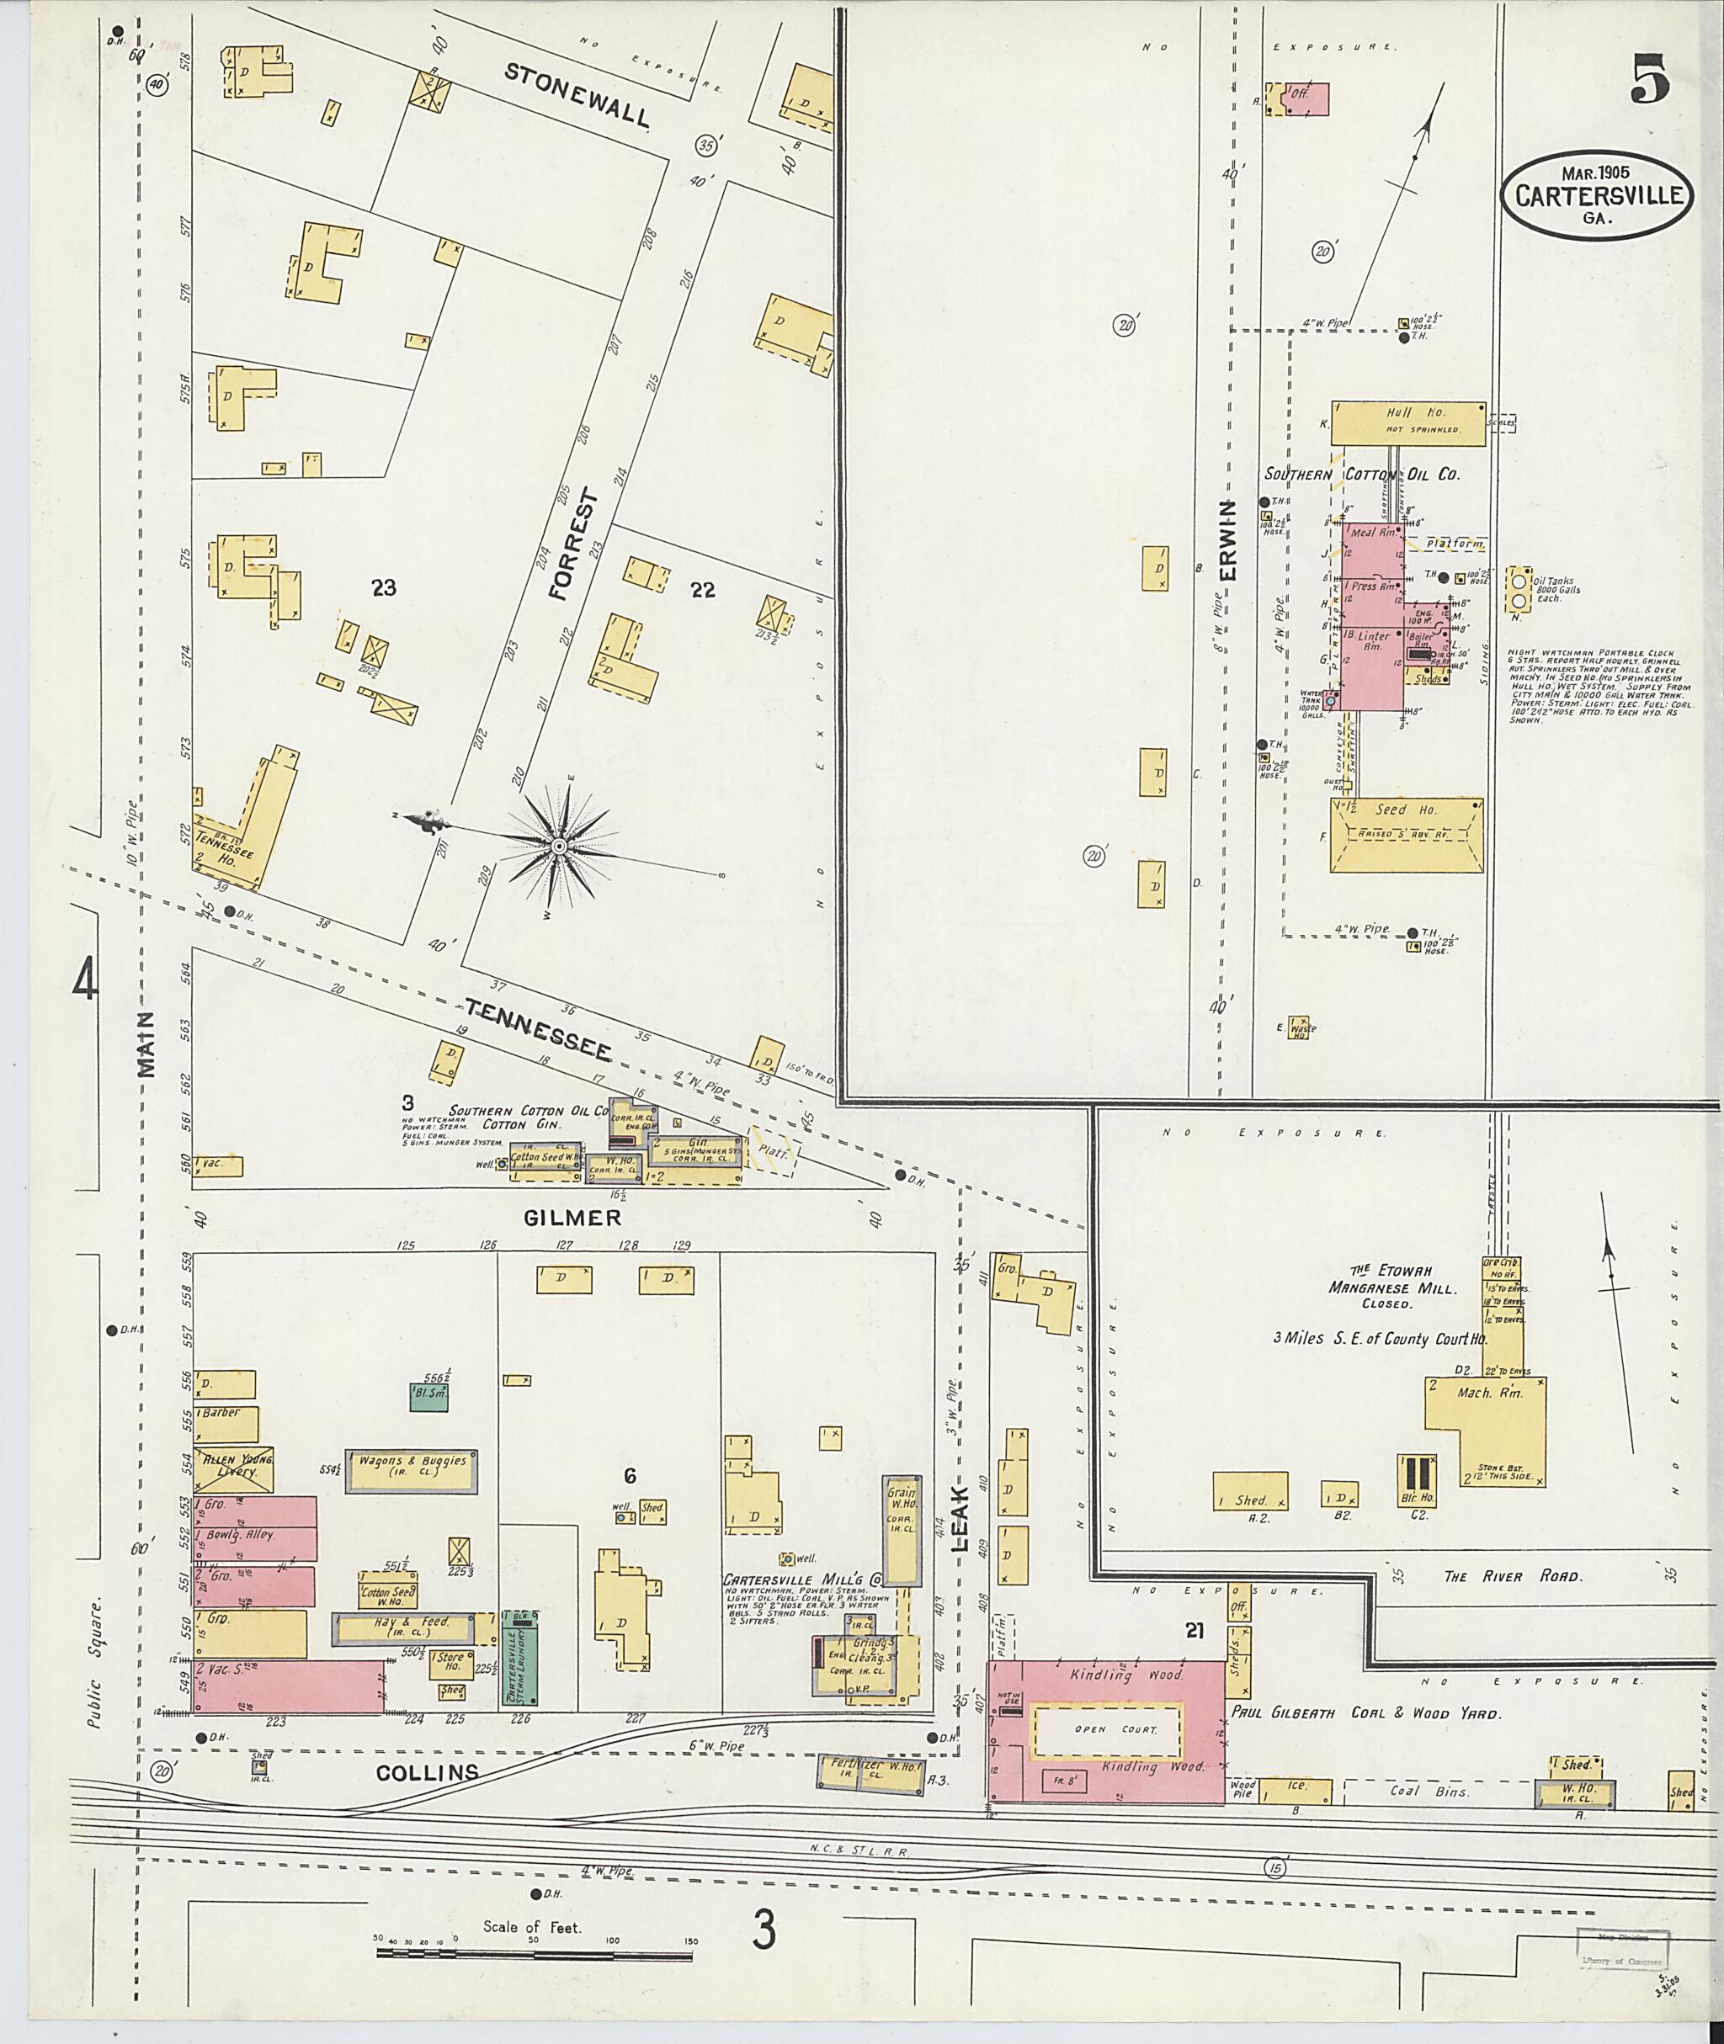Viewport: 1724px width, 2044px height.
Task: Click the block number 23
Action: pos(384,587)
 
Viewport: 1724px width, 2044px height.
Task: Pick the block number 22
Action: pos(703,589)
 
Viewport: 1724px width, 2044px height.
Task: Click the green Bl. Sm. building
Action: pos(428,1396)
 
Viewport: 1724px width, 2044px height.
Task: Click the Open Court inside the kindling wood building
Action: pos(1106,1730)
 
